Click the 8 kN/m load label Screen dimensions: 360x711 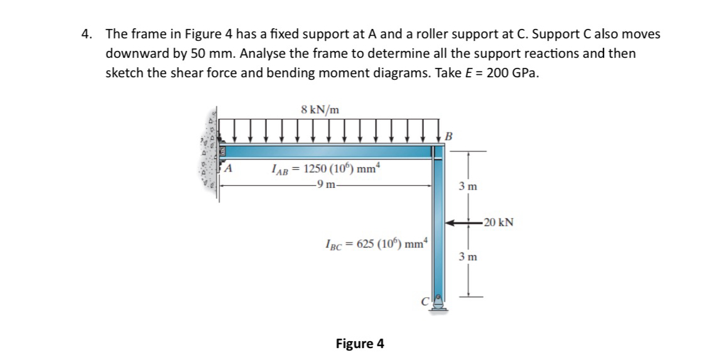[x=320, y=109]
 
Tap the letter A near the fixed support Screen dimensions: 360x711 [x=230, y=168]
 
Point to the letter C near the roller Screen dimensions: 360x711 [x=425, y=301]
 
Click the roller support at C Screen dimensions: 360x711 [x=438, y=304]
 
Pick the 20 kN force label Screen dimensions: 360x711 [x=499, y=222]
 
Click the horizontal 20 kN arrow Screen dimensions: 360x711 [x=463, y=222]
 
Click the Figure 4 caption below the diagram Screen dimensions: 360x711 [x=360, y=344]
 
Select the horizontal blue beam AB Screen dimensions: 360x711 [x=327, y=151]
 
